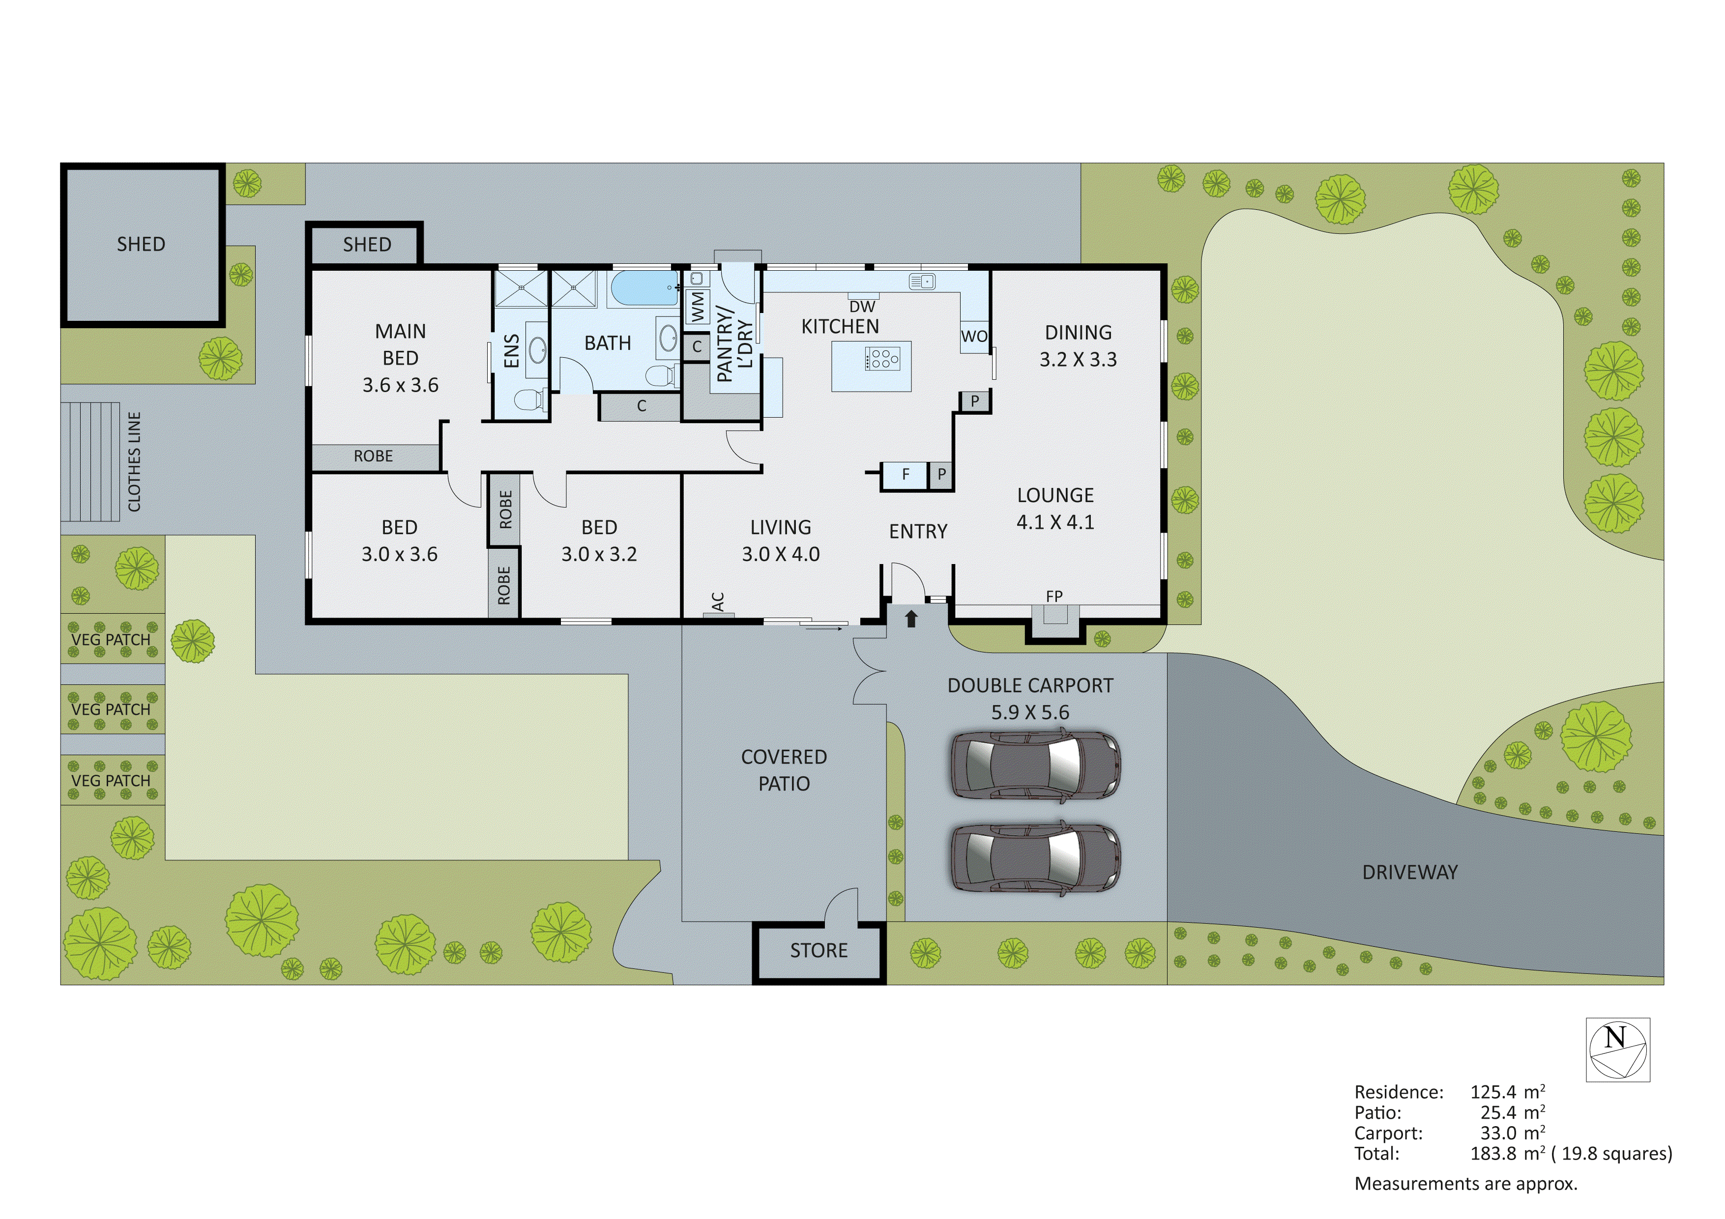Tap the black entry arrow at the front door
[x=911, y=618]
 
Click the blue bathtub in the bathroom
[x=644, y=288]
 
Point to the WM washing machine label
[x=698, y=307]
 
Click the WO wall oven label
[x=974, y=337]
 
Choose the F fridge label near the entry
[x=906, y=474]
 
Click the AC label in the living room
[x=718, y=601]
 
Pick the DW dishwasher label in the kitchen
[x=862, y=307]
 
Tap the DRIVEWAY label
[x=1409, y=872]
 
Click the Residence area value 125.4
[x=1493, y=1092]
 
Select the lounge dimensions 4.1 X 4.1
[x=1055, y=522]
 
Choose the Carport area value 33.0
[x=1497, y=1134]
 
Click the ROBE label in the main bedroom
[x=374, y=456]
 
